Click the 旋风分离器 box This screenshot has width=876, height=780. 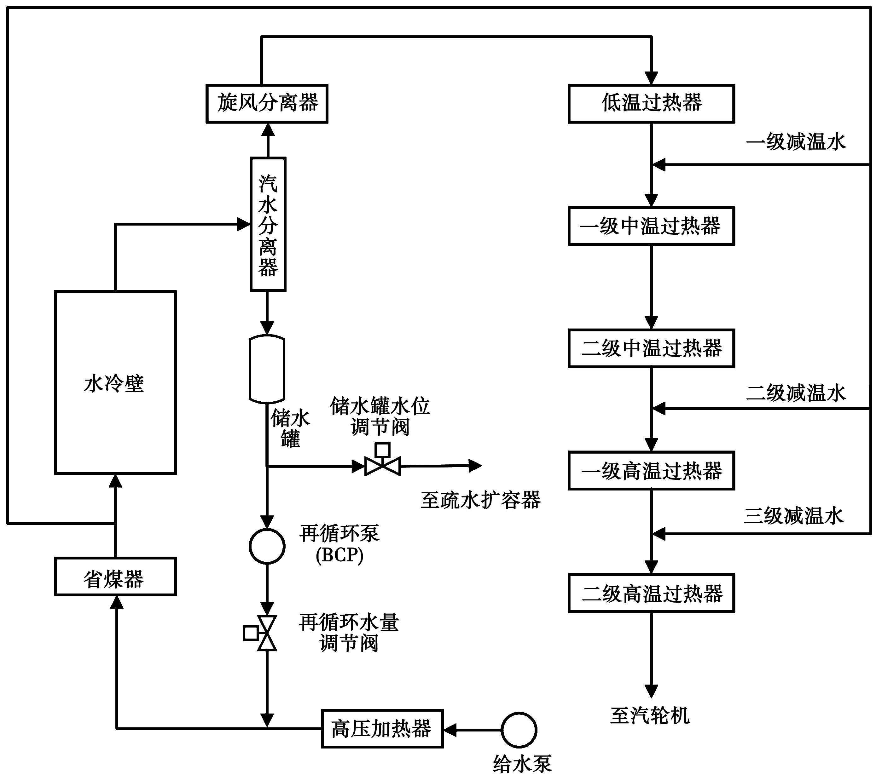(267, 104)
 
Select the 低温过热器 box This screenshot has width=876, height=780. (651, 104)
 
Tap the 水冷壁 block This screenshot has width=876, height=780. (115, 382)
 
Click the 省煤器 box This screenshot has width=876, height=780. (115, 576)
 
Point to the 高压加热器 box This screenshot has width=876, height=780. (382, 729)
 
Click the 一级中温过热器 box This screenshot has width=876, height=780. (651, 226)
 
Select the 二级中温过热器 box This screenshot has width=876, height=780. (651, 348)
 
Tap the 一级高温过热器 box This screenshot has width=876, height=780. (651, 470)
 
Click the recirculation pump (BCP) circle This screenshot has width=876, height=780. (267, 546)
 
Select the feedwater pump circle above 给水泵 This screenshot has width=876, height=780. (519, 729)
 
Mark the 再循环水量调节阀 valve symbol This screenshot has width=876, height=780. (267, 633)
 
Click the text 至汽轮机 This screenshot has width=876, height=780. (650, 716)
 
